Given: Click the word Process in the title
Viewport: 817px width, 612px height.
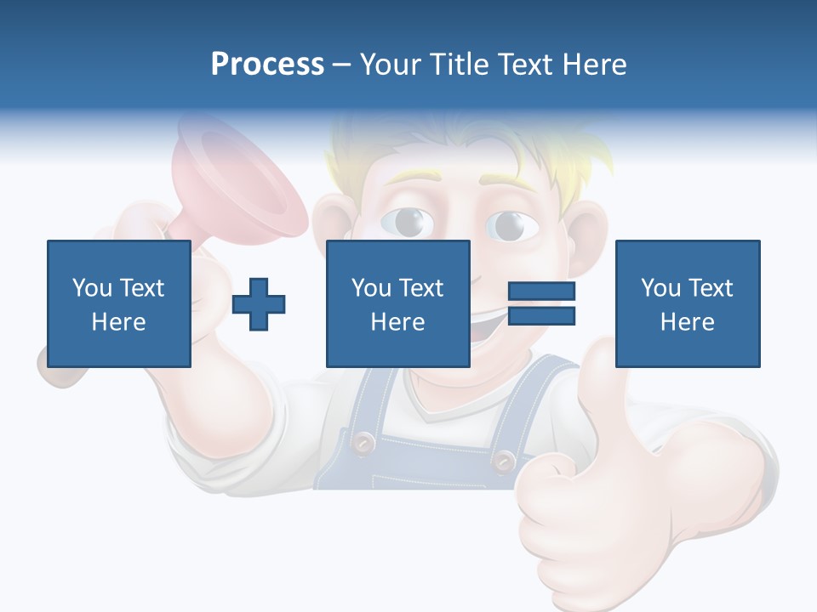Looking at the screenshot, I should (267, 64).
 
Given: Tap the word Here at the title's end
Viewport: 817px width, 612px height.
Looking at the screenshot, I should (593, 64).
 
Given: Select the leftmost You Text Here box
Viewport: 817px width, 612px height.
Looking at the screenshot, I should (118, 303).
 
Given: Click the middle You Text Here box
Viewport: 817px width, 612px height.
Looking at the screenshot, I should (397, 303).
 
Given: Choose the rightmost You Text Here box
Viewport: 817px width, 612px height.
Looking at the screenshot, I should (687, 303).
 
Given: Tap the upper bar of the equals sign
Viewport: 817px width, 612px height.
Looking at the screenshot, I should (541, 292).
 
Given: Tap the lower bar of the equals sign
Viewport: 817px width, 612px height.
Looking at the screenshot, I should (541, 315).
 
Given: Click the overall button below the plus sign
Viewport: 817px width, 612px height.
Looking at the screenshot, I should (364, 441).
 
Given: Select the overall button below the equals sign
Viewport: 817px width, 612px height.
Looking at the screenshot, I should (504, 460).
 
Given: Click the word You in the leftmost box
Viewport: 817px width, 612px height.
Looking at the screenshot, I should (91, 287).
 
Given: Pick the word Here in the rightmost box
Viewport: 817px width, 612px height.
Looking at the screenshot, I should (687, 321).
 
